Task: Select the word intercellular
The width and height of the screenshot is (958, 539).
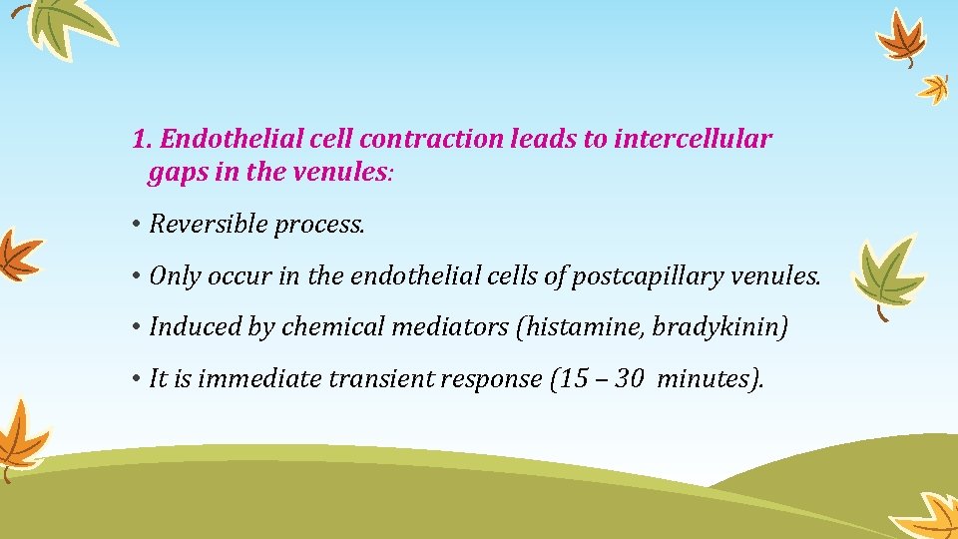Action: point(695,139)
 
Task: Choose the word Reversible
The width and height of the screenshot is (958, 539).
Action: point(208,225)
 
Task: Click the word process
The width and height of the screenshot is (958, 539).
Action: point(319,225)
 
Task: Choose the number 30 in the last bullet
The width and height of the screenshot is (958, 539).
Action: point(630,379)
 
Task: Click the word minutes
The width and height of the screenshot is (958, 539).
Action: point(705,379)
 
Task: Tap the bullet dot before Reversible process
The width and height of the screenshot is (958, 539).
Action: point(136,226)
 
